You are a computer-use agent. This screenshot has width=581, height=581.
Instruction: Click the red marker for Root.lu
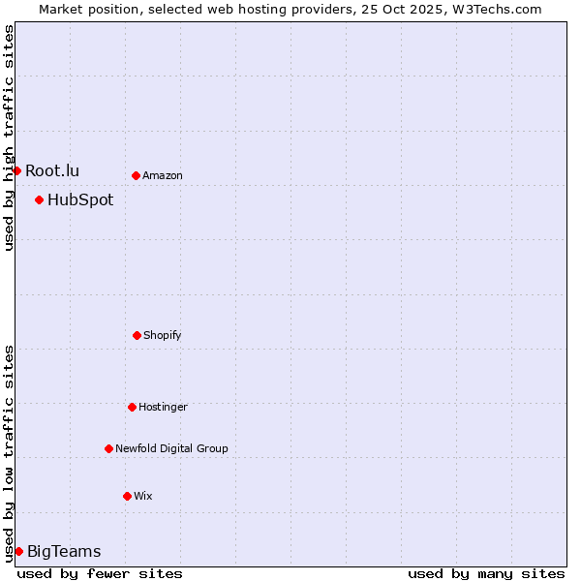(x=16, y=170)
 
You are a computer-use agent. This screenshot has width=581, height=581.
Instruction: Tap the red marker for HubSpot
(x=39, y=199)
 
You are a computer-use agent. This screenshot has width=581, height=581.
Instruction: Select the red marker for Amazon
(x=136, y=175)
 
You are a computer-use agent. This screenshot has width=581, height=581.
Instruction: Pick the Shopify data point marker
(x=137, y=335)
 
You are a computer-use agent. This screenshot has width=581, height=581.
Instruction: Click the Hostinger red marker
(x=132, y=407)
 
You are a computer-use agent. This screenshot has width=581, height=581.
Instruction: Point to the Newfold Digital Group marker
(x=108, y=448)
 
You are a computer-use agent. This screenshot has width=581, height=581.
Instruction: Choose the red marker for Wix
(x=127, y=496)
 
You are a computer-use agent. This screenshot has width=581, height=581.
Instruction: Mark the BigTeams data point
(x=18, y=551)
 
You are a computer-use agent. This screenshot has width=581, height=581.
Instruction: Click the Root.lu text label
(x=52, y=171)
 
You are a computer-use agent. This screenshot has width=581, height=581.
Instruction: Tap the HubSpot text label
(x=80, y=200)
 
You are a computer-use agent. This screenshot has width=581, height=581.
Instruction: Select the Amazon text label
(x=163, y=176)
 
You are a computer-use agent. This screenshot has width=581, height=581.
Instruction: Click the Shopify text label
(x=163, y=336)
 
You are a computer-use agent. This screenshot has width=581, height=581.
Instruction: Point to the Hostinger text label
(x=163, y=408)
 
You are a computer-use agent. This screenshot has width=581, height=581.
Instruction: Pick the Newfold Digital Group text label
(x=171, y=449)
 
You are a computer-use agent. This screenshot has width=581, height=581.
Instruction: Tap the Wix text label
(x=143, y=497)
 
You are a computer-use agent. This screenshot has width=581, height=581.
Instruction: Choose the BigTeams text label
(x=64, y=552)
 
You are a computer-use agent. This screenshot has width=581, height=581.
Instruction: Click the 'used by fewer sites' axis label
(x=100, y=573)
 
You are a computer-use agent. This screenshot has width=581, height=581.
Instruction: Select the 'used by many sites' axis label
(x=486, y=573)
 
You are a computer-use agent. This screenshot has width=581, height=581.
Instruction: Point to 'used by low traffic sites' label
(x=9, y=453)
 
